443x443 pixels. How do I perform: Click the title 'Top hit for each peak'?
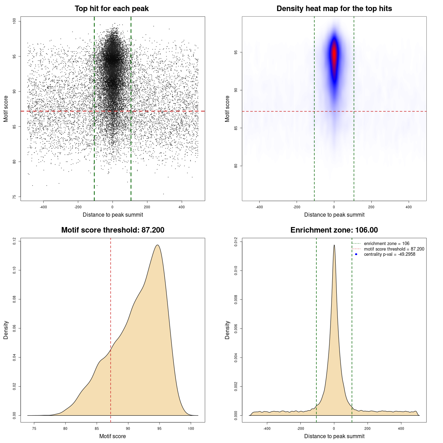(111, 9)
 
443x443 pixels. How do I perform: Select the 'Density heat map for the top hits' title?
(334, 9)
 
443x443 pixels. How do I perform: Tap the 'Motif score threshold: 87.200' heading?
(112, 230)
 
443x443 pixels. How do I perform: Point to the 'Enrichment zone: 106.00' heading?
(334, 230)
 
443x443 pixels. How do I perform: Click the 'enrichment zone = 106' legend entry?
(386, 244)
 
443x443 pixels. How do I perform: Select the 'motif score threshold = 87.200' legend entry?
(394, 249)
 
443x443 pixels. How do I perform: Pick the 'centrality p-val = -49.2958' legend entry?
(389, 254)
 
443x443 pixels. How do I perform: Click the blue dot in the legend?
(356, 254)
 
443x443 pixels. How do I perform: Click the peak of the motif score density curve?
(157, 245)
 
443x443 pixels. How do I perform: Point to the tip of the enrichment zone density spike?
(334, 245)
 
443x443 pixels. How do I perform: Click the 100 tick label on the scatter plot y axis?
(15, 21)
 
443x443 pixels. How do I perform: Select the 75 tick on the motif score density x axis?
(34, 428)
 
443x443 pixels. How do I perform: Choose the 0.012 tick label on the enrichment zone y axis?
(236, 241)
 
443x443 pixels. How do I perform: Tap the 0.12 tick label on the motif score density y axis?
(15, 241)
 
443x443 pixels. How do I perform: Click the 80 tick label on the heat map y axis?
(236, 166)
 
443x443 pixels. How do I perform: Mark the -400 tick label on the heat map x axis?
(259, 207)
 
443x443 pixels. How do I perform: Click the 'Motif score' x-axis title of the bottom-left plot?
(112, 436)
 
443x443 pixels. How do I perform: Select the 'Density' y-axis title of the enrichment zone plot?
(227, 330)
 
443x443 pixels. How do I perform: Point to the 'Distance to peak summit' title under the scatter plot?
(113, 215)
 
